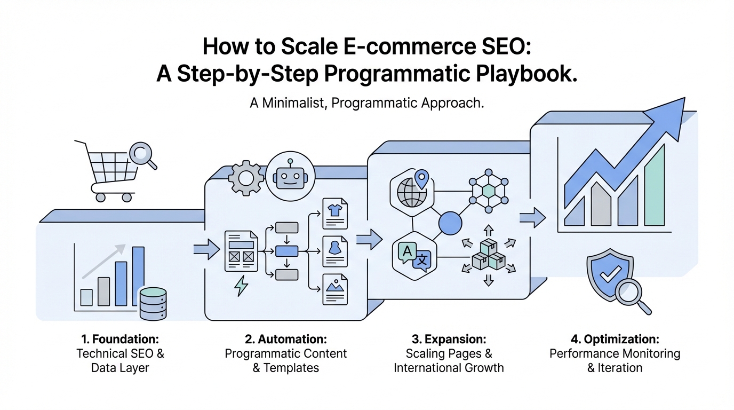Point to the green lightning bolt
click(x=242, y=286)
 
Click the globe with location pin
click(x=410, y=190)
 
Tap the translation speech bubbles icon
click(x=414, y=256)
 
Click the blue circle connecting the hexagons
click(x=450, y=223)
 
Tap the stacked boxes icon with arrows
click(x=488, y=255)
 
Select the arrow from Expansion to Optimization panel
click(x=532, y=217)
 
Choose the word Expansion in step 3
click(x=455, y=339)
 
